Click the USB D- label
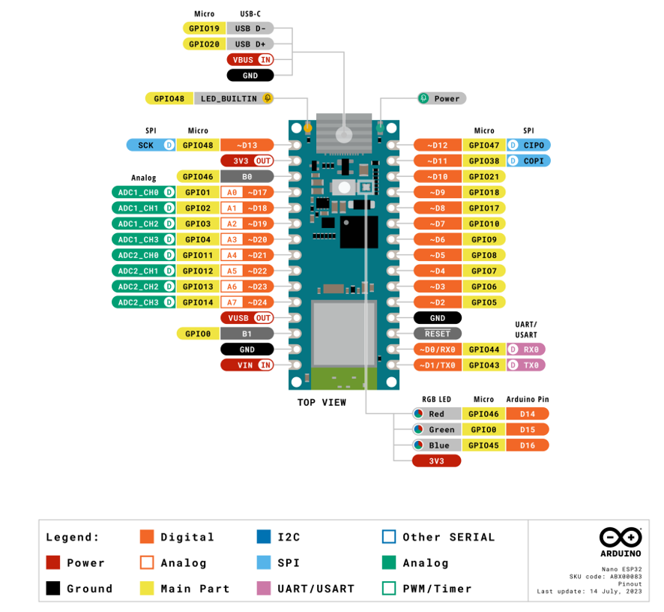pyautogui.click(x=250, y=28)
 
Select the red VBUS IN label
pyautogui.click(x=250, y=59)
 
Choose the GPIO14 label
pyautogui.click(x=198, y=302)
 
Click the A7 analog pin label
pyautogui.click(x=232, y=302)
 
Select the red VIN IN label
pyautogui.click(x=247, y=365)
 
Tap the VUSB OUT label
pyautogui.click(x=247, y=318)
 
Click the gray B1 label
pyautogui.click(x=247, y=334)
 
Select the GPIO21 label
pyautogui.click(x=484, y=176)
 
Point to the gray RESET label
pyautogui.click(x=438, y=334)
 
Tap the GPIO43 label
pyautogui.click(x=484, y=365)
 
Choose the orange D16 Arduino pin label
pyautogui.click(x=528, y=445)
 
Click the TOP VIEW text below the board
pyautogui.click(x=322, y=403)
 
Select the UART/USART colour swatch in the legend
pyautogui.click(x=263, y=589)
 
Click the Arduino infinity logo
pyautogui.click(x=621, y=537)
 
